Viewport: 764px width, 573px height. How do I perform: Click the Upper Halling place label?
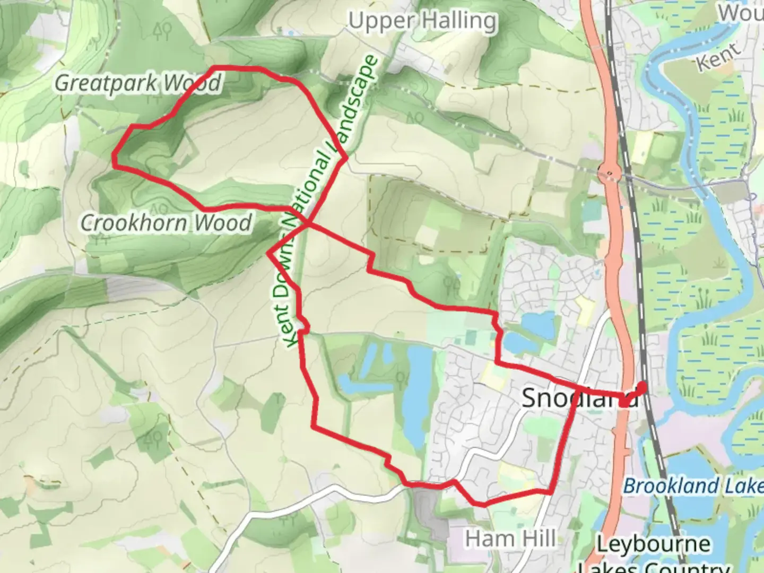pos(423,22)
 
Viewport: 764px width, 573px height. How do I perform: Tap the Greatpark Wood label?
pos(138,83)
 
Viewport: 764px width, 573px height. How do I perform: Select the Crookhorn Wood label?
pos(166,223)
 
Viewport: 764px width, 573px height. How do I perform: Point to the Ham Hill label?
pos(510,539)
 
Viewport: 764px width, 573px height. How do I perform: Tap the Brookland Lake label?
pos(692,486)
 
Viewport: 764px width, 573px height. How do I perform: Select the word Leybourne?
pos(653,544)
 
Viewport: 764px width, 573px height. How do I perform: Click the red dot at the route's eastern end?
pos(643,386)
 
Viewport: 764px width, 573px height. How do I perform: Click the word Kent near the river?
pos(718,56)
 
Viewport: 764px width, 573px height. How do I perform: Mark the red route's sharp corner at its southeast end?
pos(551,492)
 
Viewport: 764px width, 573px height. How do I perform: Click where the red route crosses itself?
pos(307,224)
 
